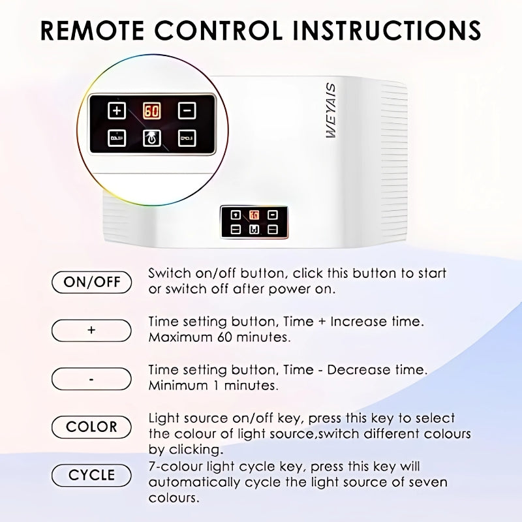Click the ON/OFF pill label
[x=91, y=283]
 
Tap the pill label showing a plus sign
[x=91, y=330]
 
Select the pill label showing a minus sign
[x=91, y=378]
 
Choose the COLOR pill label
[x=91, y=427]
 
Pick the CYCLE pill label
[x=91, y=475]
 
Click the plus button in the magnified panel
[x=117, y=110]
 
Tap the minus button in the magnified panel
[x=187, y=110]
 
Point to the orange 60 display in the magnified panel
[x=152, y=111]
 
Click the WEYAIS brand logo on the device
[x=331, y=110]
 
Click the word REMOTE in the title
[x=92, y=30]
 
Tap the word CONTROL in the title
[x=219, y=30]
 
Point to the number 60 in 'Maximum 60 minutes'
[x=224, y=337]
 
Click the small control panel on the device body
[x=254, y=222]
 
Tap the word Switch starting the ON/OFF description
[x=170, y=273]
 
